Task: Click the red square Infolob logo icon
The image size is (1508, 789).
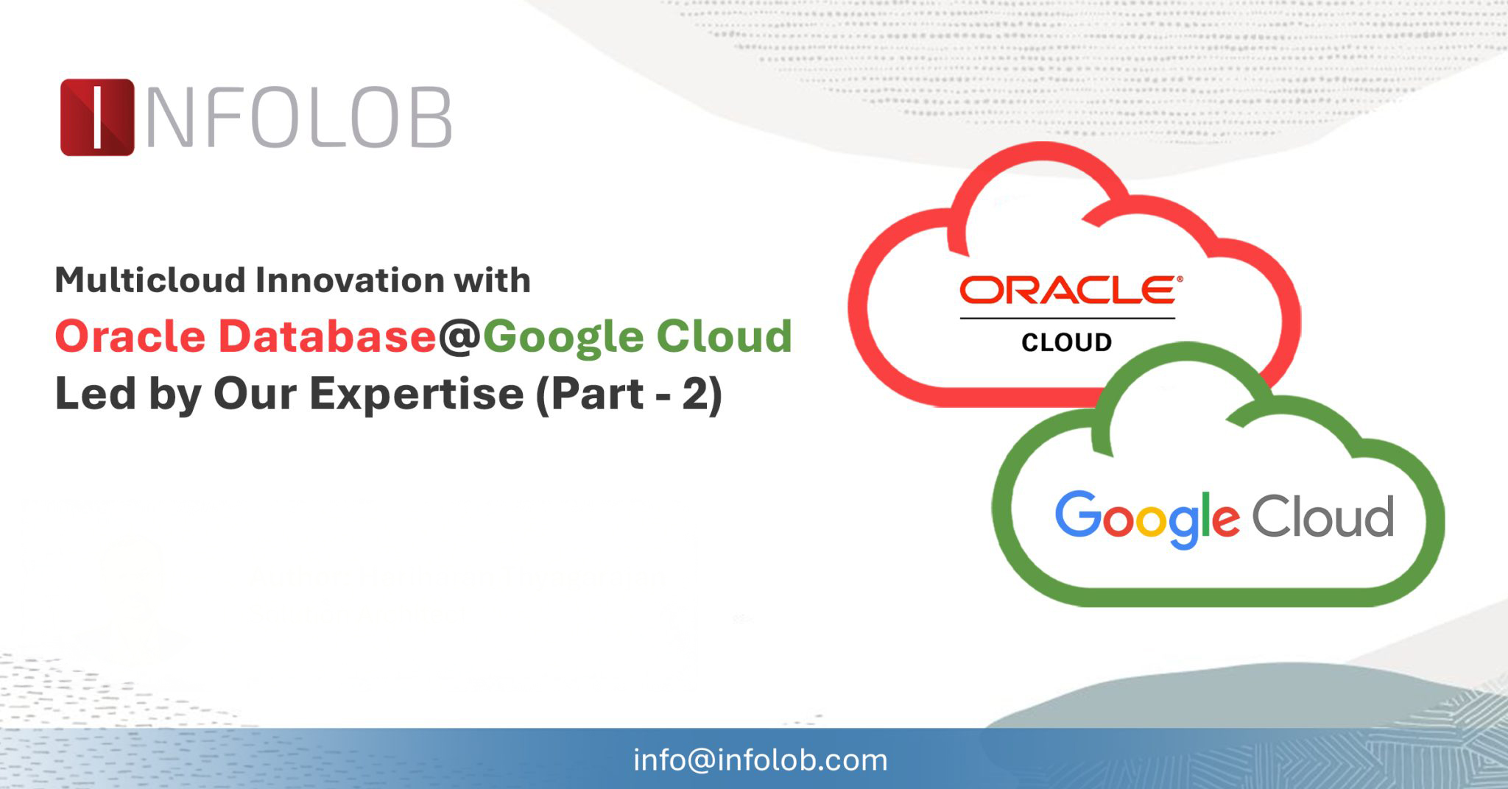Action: pyautogui.click(x=97, y=117)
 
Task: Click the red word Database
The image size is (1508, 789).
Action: pyautogui.click(x=327, y=336)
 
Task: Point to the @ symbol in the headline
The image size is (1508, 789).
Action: pyautogui.click(x=459, y=338)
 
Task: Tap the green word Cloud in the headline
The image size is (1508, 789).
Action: pyautogui.click(x=725, y=336)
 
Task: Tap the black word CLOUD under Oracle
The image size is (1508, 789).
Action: pyautogui.click(x=1066, y=342)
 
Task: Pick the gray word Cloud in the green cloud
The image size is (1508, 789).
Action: pyautogui.click(x=1322, y=516)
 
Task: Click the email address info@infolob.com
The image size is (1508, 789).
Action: pyautogui.click(x=760, y=760)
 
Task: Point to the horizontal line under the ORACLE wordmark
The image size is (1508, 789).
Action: pyautogui.click(x=1067, y=319)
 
